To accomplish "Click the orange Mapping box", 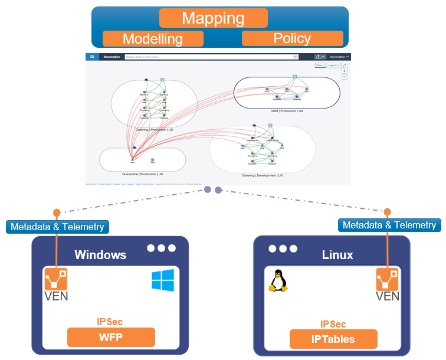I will click(213, 18).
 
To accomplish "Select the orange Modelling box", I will click(153, 39).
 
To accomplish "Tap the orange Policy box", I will click(292, 38).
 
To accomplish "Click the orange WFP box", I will click(111, 338).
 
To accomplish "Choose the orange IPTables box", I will click(333, 339).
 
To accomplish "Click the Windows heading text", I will click(100, 255).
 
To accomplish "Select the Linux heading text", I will click(337, 255).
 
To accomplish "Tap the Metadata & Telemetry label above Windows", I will click(57, 227).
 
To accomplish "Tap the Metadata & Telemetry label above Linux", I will click(389, 225).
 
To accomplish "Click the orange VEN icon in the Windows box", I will click(57, 279).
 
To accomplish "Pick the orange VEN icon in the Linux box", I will click(388, 279).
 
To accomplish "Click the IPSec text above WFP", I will click(110, 322).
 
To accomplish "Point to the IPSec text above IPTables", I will click(333, 324).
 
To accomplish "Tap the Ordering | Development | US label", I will click(262, 175).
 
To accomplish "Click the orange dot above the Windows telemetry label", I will click(57, 212).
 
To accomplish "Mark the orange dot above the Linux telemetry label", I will click(388, 212).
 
